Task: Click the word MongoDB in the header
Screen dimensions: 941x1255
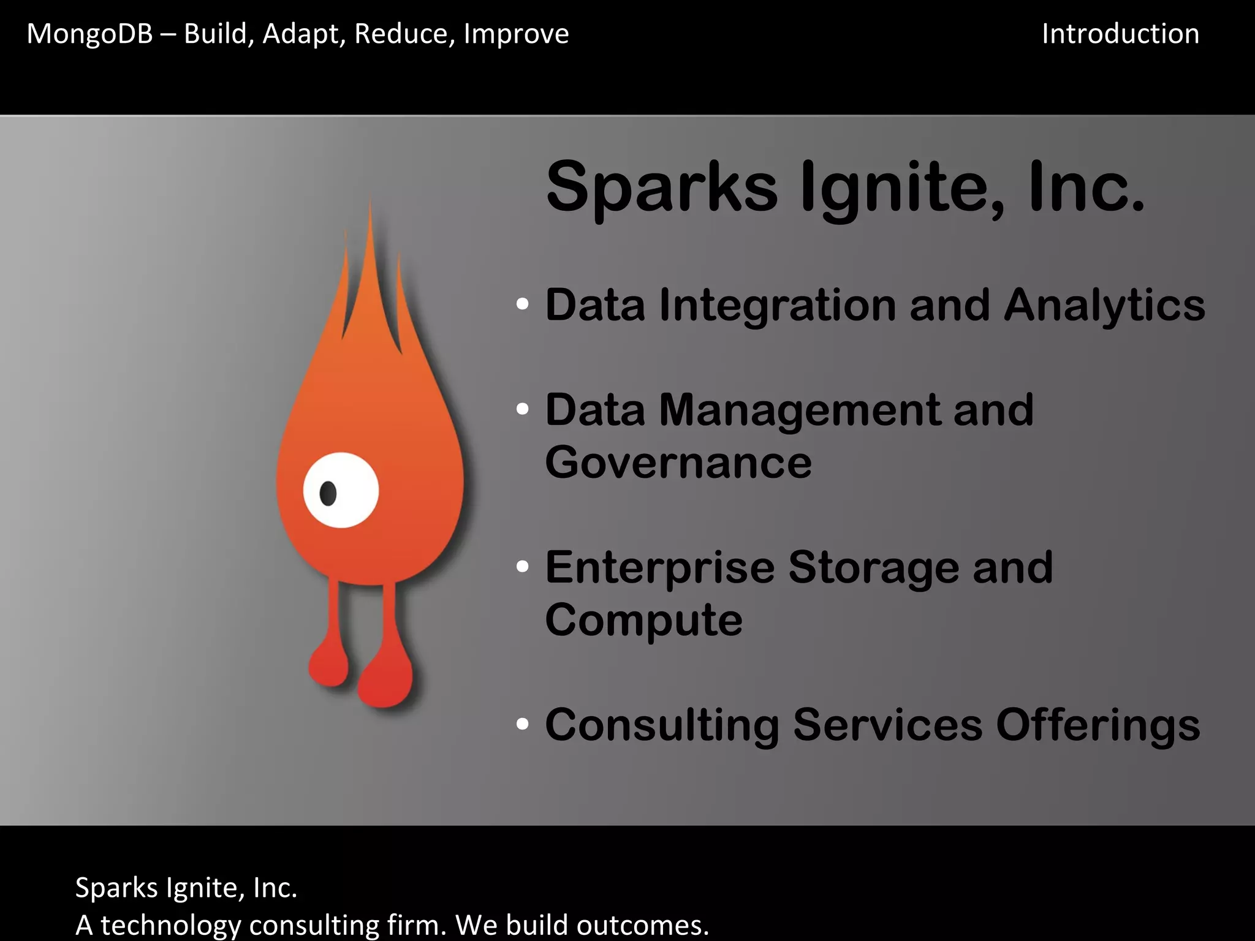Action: [89, 34]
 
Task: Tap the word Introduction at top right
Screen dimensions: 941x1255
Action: [1120, 34]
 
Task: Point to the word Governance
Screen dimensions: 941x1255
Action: [678, 463]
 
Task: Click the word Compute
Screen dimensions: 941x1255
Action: [643, 620]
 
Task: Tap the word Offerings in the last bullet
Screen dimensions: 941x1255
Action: [1098, 725]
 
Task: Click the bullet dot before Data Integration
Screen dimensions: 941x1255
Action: [522, 304]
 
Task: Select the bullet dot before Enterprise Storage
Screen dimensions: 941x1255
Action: [522, 567]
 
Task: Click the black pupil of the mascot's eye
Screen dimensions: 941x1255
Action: [328, 493]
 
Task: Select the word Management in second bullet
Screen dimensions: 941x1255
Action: [799, 410]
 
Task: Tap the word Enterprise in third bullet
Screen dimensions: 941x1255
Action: [660, 568]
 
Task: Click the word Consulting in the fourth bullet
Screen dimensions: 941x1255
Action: [662, 725]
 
